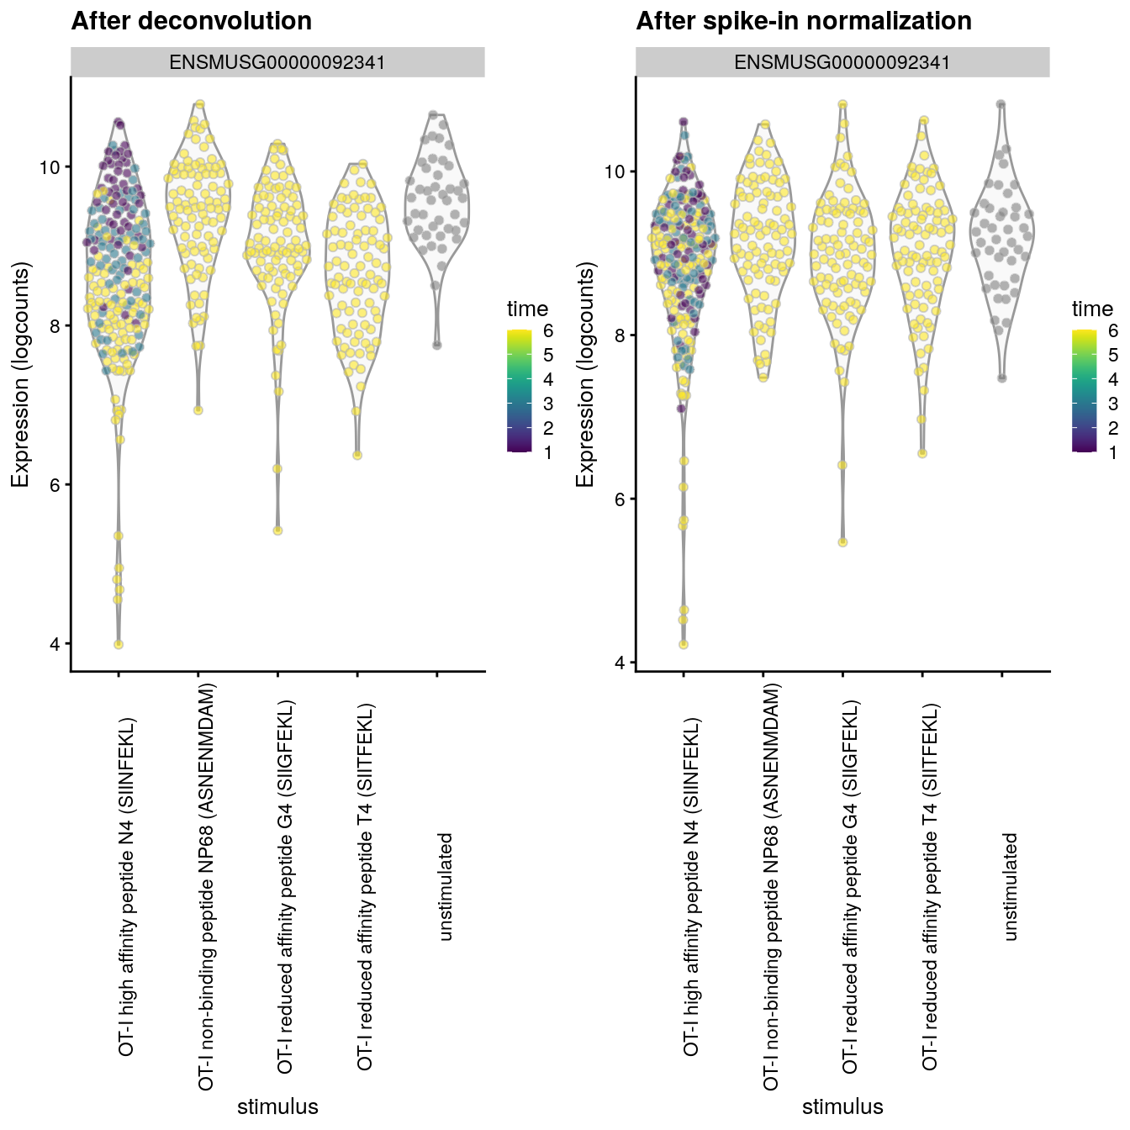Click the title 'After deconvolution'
coord(192,21)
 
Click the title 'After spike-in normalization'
coord(804,21)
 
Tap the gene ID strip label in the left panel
coord(277,62)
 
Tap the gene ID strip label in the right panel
coord(842,62)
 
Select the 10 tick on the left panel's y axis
coord(50,167)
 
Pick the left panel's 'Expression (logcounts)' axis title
coord(20,375)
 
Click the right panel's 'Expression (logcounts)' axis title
coord(585,375)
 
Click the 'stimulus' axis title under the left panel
coord(277,1106)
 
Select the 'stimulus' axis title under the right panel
coord(842,1106)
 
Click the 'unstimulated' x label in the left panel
coord(446,887)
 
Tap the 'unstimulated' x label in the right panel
coord(1011,887)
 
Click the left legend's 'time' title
coord(527,309)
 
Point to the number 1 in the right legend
coord(1113,452)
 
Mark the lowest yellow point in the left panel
coord(119,645)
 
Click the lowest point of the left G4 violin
coord(277,531)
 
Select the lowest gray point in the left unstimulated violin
coord(437,345)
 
